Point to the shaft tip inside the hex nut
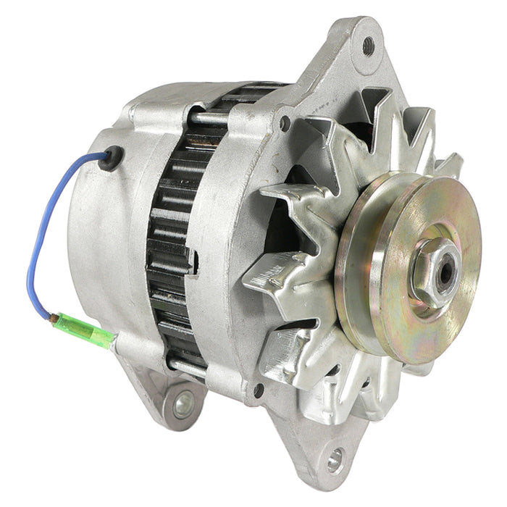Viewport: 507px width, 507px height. tap(441, 267)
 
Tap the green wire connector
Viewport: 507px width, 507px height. tap(91, 332)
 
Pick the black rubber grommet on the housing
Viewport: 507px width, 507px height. tap(110, 156)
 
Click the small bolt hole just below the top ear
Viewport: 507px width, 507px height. tap(285, 122)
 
